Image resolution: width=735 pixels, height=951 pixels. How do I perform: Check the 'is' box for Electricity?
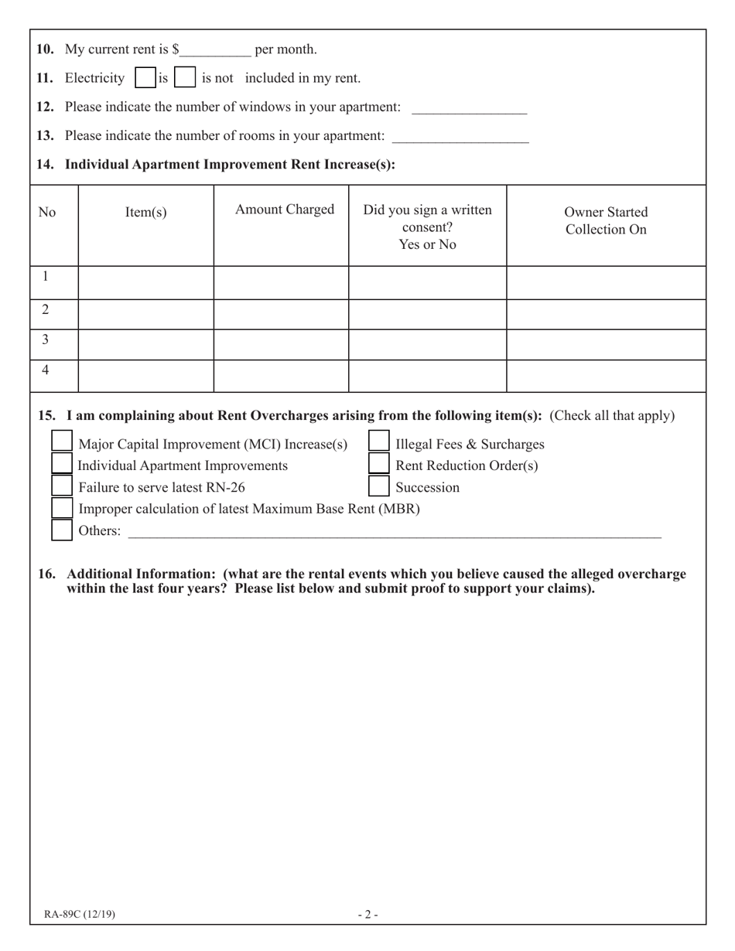[x=145, y=78]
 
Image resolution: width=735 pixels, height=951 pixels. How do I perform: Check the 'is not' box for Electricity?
[x=185, y=78]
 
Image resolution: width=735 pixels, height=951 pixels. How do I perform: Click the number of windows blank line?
[x=469, y=108]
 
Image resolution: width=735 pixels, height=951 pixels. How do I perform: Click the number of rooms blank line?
[x=460, y=137]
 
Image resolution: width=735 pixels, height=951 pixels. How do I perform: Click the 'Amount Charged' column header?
[x=284, y=210]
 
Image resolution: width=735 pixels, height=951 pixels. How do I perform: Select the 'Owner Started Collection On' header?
[x=606, y=220]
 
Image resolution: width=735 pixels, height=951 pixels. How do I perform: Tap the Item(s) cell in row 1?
[x=145, y=282]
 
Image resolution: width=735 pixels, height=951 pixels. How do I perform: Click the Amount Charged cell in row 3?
[x=281, y=345]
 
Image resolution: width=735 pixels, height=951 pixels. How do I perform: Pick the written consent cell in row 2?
[x=427, y=314]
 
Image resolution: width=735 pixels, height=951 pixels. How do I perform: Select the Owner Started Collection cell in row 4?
[x=606, y=376]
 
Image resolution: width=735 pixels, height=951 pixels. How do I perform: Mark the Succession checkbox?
[x=378, y=486]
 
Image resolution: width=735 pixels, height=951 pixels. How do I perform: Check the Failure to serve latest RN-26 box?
[x=62, y=486]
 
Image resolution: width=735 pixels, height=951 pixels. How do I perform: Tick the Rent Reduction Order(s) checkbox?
[x=378, y=463]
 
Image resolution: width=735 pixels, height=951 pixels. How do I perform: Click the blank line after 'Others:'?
[x=395, y=531]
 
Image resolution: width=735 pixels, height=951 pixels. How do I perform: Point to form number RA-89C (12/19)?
[x=80, y=915]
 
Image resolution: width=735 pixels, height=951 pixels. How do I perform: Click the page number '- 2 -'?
[x=367, y=915]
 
